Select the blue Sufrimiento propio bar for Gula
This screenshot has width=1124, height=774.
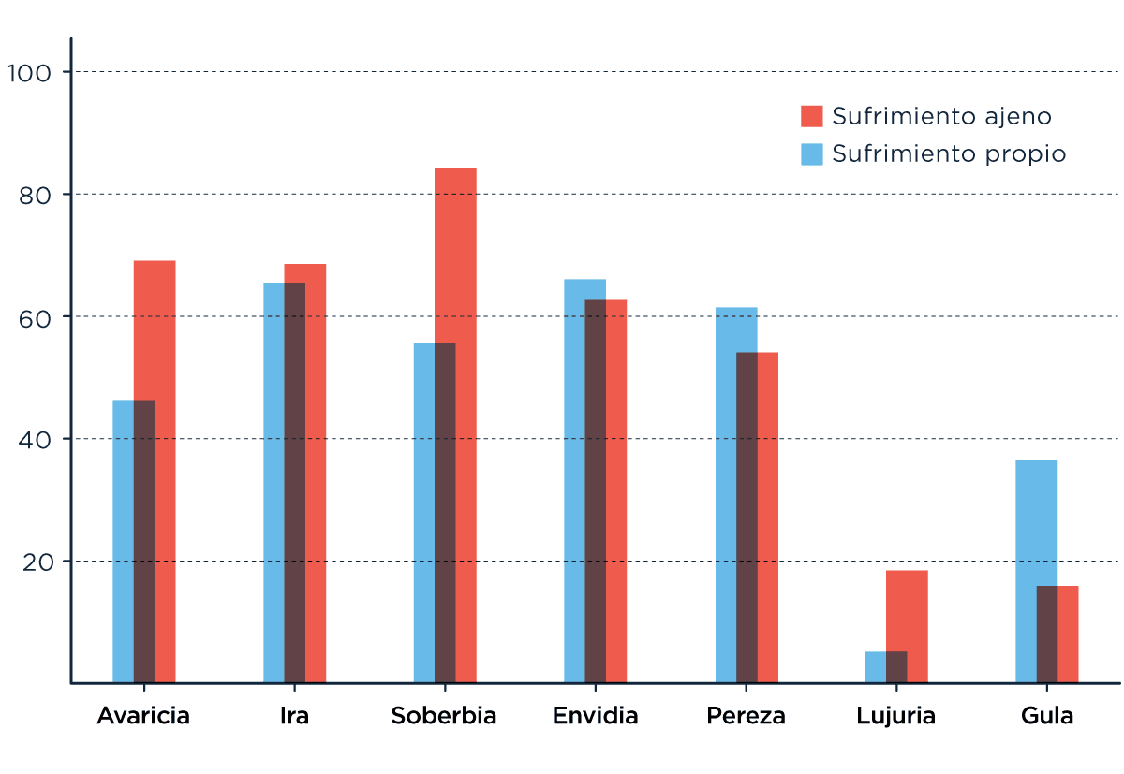pos(1036,524)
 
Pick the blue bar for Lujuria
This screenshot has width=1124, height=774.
pos(875,666)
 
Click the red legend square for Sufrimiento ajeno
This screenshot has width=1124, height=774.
pos(812,116)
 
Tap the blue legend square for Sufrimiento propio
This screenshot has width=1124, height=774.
pos(812,153)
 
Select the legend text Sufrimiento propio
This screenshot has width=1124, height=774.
pos(949,153)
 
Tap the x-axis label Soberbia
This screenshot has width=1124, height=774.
pos(444,716)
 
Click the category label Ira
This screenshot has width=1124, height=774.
pos(294,716)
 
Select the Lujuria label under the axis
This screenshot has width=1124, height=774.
pos(895,716)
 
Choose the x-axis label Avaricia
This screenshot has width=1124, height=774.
pos(143,716)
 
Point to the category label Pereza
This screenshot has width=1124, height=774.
pos(746,716)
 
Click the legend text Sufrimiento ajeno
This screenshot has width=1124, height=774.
pos(941,116)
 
